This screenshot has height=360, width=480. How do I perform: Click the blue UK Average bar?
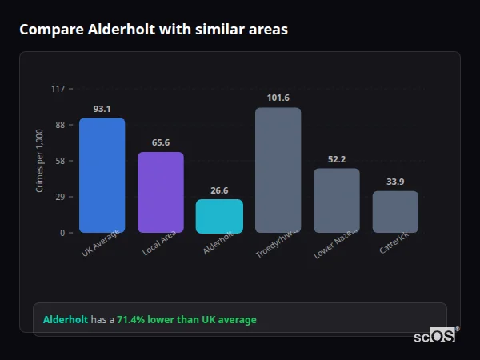(102, 175)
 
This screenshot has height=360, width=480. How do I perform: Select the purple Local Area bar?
(161, 192)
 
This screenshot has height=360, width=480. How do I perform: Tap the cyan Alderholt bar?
(219, 216)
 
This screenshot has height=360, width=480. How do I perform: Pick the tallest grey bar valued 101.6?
(278, 170)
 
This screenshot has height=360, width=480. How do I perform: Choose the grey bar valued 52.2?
(337, 200)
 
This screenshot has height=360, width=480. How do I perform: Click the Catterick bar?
(395, 211)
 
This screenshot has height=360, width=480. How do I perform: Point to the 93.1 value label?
(102, 109)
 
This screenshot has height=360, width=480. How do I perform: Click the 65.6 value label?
(161, 142)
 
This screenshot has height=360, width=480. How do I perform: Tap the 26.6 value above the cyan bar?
(219, 190)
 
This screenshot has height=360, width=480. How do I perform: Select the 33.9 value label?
(395, 182)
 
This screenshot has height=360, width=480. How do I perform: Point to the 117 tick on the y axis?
(58, 89)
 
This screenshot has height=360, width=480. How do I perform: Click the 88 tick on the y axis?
(59, 125)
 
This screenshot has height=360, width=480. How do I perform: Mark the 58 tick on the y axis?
(59, 161)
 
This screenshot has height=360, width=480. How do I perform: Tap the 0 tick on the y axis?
(62, 233)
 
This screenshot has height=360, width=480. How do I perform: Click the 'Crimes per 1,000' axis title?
(40, 162)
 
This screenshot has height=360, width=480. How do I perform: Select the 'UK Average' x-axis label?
(100, 244)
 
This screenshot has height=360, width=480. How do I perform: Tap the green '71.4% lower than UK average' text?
(186, 320)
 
